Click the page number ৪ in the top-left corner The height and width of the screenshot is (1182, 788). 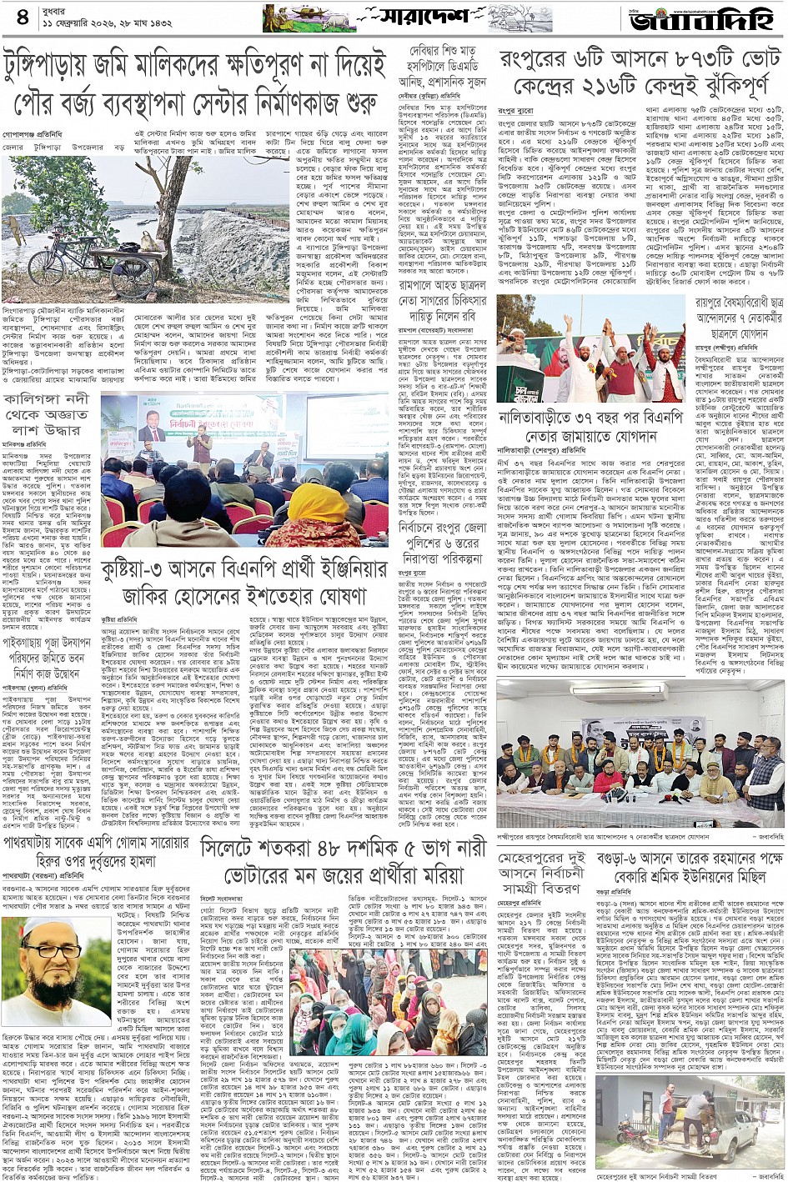click(22, 18)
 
